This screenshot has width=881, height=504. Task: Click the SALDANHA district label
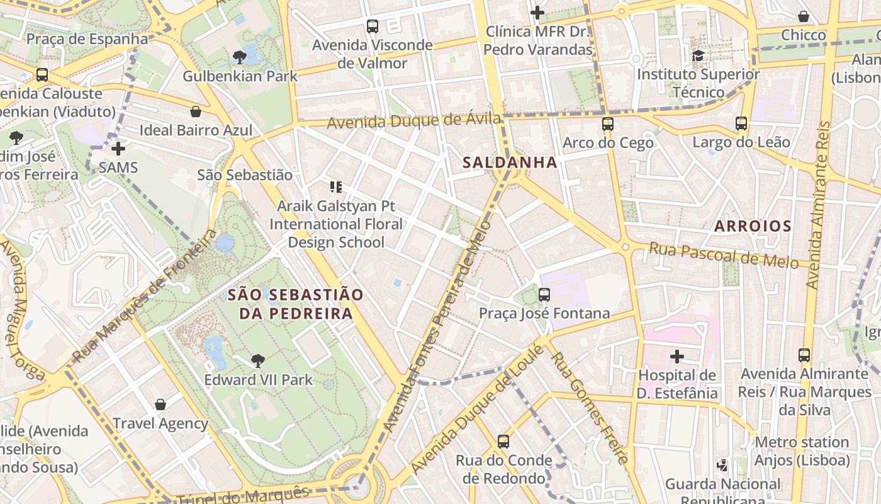pos(510,163)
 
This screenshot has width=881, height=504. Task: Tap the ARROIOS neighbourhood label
pos(752,226)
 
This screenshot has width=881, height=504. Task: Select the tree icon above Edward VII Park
pos(257,361)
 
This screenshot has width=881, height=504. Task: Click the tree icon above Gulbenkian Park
pos(239,57)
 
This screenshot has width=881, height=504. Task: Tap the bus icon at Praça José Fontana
pos(544,294)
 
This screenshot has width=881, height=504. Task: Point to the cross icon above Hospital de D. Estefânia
pos(676,357)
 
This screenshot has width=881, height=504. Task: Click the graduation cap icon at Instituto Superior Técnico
pos(698,55)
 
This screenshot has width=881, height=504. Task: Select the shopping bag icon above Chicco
pos(803,16)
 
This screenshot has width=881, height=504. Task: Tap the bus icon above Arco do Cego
pos(607,124)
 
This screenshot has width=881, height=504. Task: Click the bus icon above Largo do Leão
pos(741,123)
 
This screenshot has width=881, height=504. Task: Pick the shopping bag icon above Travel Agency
pos(160,404)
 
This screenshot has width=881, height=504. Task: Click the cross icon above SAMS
pos(118,149)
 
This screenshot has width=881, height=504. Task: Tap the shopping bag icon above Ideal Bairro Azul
pos(196,112)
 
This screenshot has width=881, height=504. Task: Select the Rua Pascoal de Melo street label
pos(724,255)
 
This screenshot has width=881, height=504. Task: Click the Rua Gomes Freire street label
pos(589,408)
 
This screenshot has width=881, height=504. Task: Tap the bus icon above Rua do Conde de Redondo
pos(503,442)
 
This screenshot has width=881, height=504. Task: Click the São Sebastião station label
pos(245,175)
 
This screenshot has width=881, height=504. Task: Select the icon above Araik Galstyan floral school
pos(336,186)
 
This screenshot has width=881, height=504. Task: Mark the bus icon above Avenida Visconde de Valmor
pos(373,26)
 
